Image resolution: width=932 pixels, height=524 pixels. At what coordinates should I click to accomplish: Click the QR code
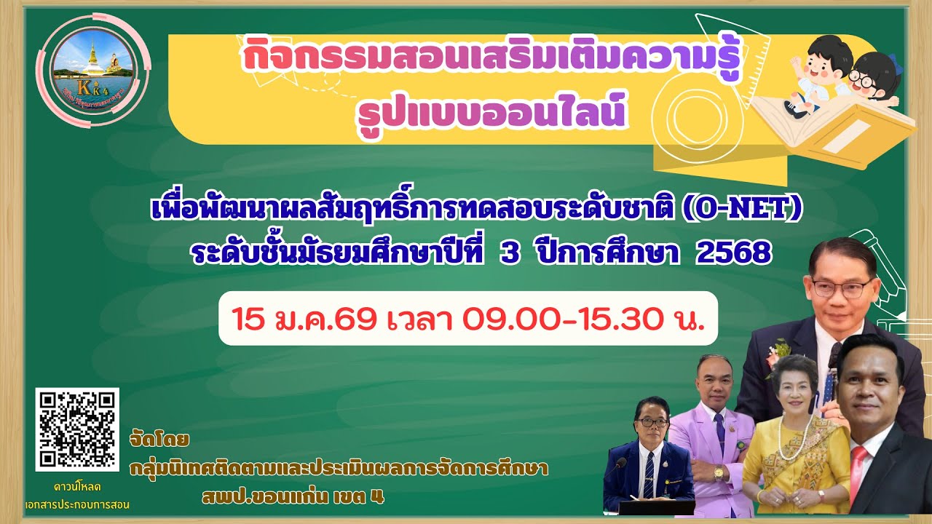[77, 429]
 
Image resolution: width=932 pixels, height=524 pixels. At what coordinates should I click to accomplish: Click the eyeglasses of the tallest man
[841, 287]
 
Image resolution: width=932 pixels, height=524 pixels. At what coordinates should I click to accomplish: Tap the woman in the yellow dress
[795, 444]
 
